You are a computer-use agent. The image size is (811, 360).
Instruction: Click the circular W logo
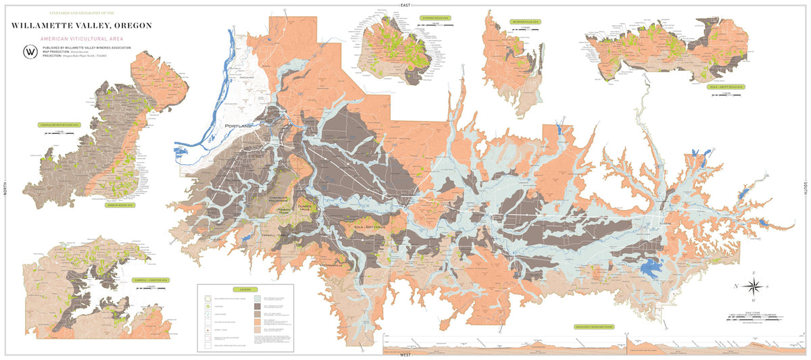30,52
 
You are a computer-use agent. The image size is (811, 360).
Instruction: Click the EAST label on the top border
405,5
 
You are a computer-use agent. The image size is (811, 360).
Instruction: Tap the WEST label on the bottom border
405,355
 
